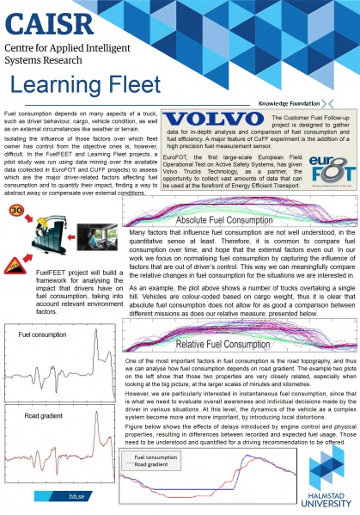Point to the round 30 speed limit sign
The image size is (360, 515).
tap(15, 209)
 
